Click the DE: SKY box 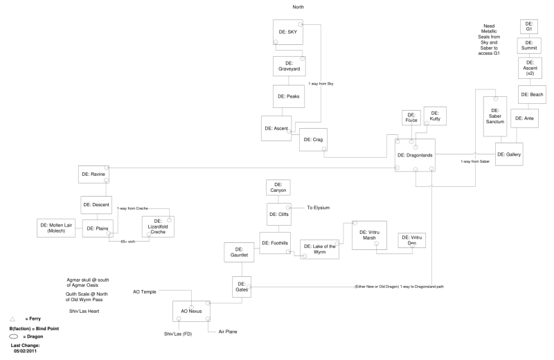[x=287, y=33]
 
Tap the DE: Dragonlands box [x=415, y=155]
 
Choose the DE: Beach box [x=532, y=94]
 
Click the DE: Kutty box [x=435, y=116]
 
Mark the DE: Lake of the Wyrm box [x=320, y=249]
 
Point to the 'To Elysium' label [x=320, y=208]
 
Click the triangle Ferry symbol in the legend [x=12, y=318]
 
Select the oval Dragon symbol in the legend [x=12, y=336]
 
